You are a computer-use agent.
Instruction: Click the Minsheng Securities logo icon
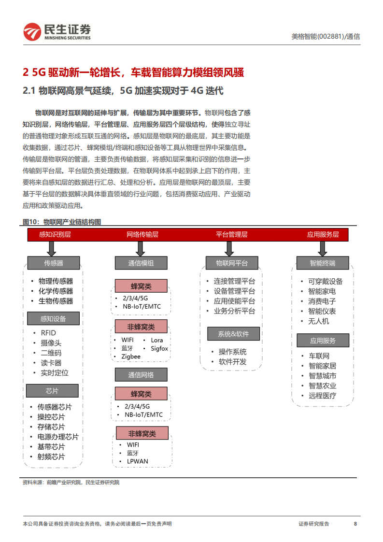coord(32,32)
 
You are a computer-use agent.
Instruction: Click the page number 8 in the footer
coord(355,524)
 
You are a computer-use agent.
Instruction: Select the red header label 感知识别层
coord(55,234)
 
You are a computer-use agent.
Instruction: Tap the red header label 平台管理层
coord(231,234)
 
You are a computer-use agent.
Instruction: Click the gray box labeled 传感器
coord(54,263)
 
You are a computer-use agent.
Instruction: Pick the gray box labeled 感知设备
coord(53,319)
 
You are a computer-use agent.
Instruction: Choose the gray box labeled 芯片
coord(52,391)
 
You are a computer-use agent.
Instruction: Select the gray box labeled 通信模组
coord(141,263)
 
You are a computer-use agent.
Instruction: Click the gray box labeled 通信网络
coord(141,375)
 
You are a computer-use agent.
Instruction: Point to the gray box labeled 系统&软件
coord(233,334)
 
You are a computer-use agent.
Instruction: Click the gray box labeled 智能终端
coord(323,263)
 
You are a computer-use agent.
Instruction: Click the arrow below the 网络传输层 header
coord(141,248)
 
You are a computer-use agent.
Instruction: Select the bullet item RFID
coord(48,333)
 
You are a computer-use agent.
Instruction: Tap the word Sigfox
coord(159,348)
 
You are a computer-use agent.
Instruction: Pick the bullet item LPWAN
coord(137,461)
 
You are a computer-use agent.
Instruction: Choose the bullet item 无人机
coord(318,321)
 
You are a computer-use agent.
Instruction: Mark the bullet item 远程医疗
coord(322,396)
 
